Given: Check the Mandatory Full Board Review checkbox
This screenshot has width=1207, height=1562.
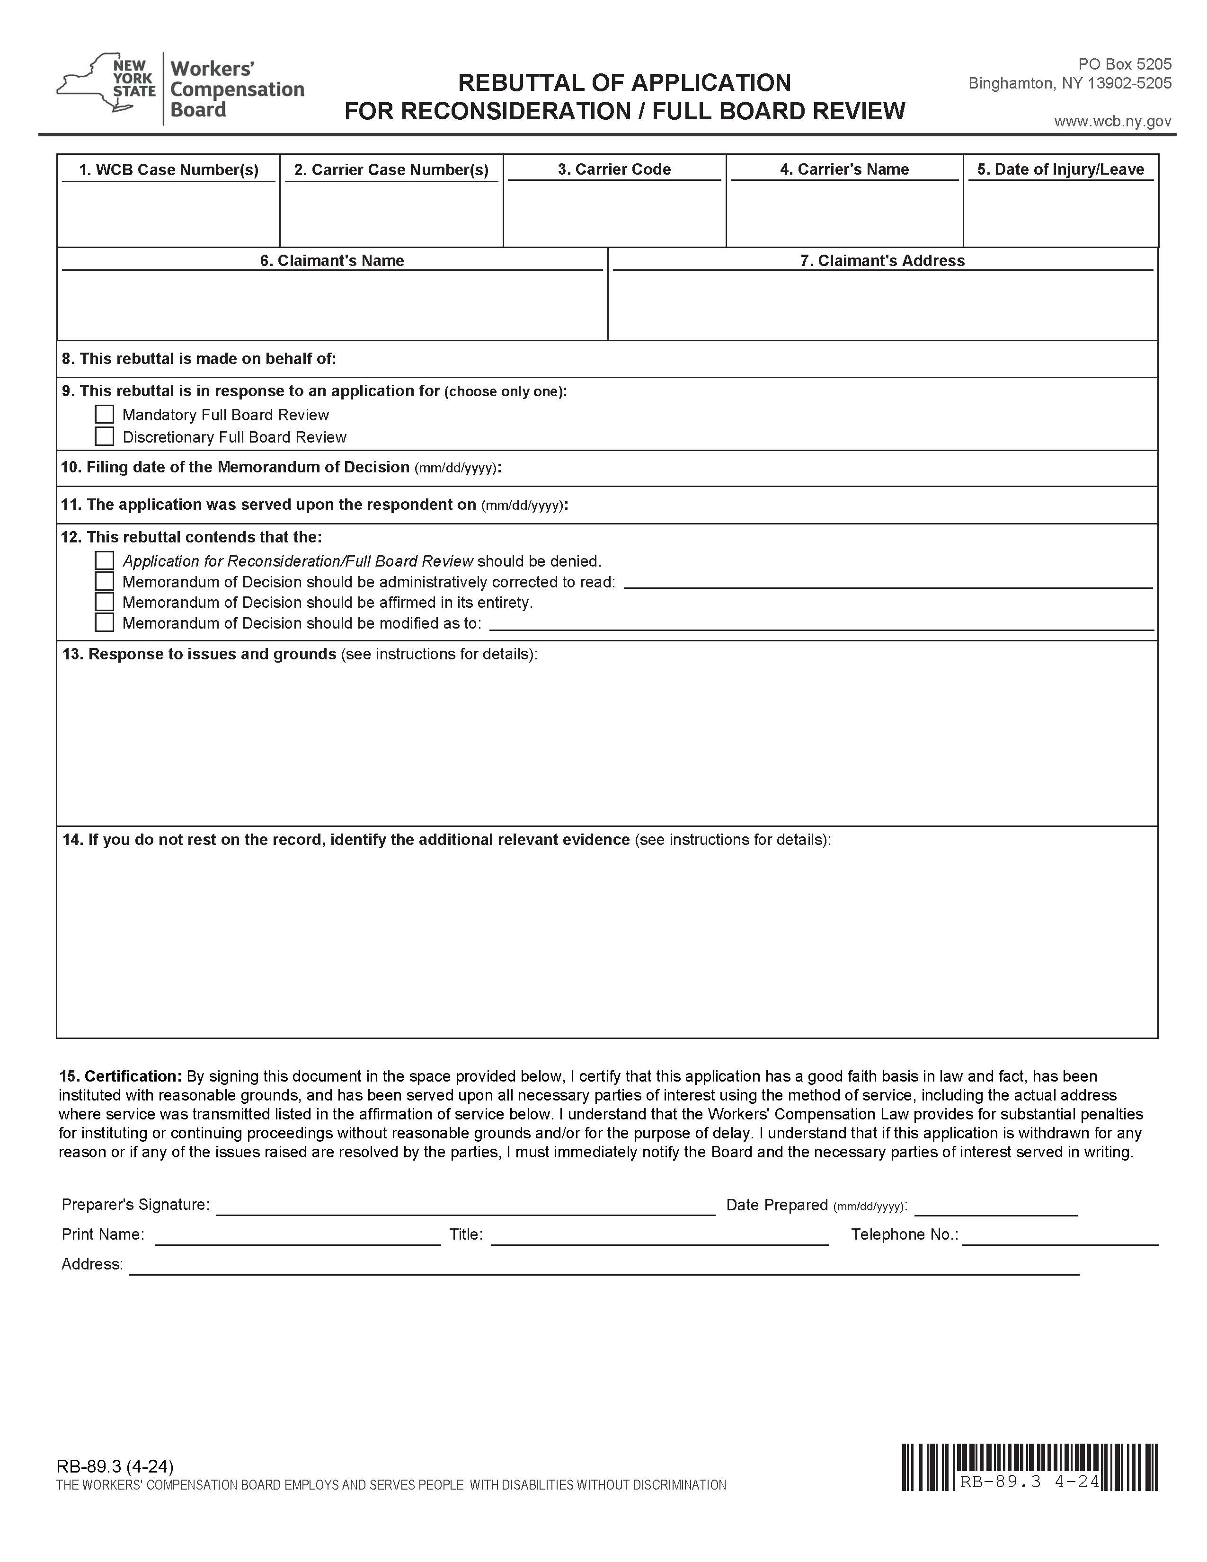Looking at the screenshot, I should pos(105,415).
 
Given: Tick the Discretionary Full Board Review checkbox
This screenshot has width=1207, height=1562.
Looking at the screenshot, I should pos(105,436).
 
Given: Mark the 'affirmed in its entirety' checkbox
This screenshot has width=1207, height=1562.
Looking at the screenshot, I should pos(105,602).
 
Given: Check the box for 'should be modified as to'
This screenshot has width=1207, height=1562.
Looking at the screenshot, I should pos(105,623).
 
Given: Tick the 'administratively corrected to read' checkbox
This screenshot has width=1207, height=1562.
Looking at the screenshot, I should pos(105,581).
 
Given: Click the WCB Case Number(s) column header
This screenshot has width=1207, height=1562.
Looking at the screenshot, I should pos(169,169).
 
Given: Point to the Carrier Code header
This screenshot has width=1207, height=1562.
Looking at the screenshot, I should pos(614,169).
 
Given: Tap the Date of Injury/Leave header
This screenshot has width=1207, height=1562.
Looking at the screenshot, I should pos(1060,169).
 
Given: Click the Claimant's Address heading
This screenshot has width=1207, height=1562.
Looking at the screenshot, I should pos(882,260).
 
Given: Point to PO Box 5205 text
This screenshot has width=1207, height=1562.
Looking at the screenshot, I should pos(1125,64).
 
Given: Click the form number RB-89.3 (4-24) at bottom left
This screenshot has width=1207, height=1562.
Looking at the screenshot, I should pos(115,1467).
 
